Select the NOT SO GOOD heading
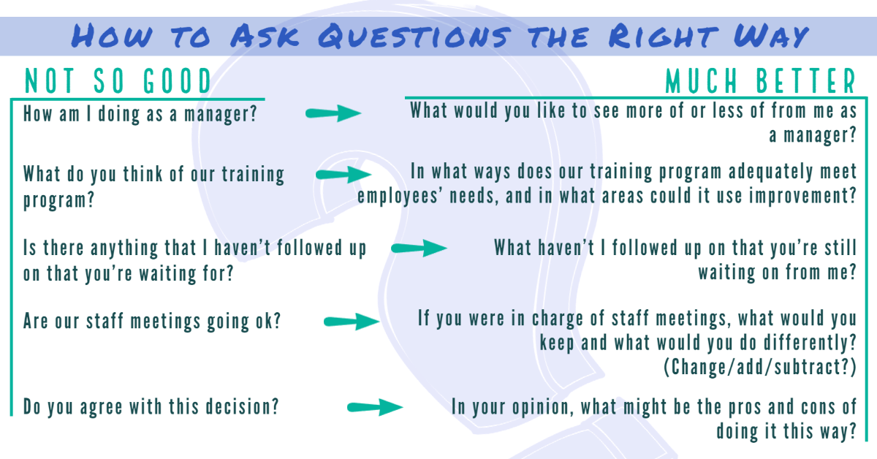(x=118, y=82)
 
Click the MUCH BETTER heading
(x=760, y=82)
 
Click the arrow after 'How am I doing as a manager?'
(x=333, y=113)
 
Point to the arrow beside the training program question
(x=343, y=175)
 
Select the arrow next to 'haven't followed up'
(x=419, y=249)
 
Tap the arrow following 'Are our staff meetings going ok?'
(x=352, y=322)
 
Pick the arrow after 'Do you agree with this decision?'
(x=375, y=408)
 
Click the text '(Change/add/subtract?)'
(x=760, y=368)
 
